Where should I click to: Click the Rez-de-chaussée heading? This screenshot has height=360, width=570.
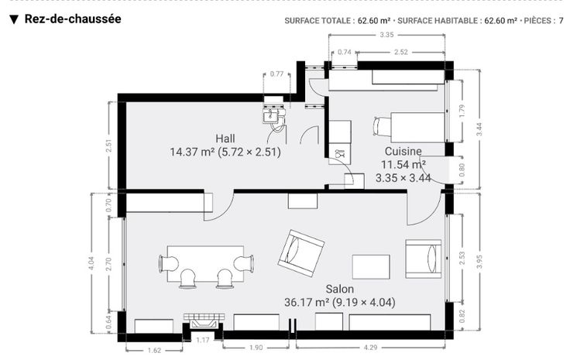pos(73,19)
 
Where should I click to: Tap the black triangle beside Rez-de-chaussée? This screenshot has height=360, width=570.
pos(14,19)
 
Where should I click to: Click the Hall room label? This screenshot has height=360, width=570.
pos(225,139)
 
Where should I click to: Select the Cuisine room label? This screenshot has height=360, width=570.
pos(403,151)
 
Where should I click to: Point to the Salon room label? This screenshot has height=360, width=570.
pos(339,290)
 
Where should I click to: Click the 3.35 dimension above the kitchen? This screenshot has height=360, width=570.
pos(386,35)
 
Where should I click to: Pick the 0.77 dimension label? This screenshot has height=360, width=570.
pos(276,74)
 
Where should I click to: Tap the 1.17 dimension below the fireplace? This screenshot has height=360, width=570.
pos(202,340)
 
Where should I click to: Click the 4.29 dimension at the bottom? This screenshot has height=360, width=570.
pos(370,348)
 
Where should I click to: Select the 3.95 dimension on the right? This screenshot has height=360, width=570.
pos(479,262)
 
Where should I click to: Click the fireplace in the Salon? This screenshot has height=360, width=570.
pos(204,321)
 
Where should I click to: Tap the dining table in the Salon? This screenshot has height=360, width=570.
pos(205,264)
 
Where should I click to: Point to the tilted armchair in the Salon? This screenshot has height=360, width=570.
pos(301,253)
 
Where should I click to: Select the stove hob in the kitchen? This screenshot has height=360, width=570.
pos(340,153)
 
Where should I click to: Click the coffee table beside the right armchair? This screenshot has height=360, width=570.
pos(371,267)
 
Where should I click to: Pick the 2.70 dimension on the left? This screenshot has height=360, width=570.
pos(108,264)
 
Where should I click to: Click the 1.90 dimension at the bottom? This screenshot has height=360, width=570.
pos(256,348)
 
